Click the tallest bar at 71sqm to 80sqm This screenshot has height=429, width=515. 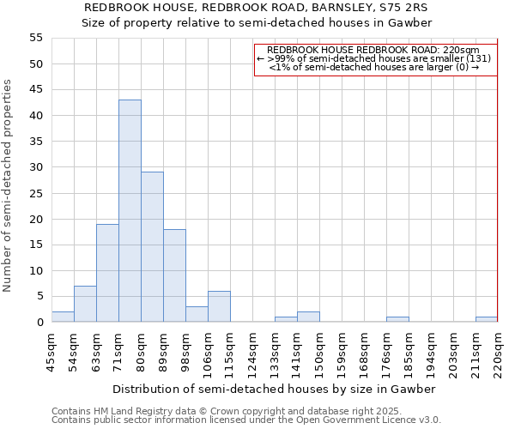click(130, 211)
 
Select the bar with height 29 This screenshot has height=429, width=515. click(152, 247)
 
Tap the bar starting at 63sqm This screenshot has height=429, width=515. click(107, 273)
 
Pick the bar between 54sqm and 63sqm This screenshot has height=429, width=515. click(85, 304)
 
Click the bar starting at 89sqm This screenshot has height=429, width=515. click(174, 275)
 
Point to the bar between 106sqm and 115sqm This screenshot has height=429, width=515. click(219, 306)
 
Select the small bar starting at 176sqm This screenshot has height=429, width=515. click(397, 319)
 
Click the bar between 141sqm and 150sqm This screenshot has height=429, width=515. click(308, 317)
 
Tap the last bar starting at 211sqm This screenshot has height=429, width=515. click(487, 319)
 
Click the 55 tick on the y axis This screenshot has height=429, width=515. click(36, 38)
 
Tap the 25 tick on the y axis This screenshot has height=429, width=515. click(36, 193)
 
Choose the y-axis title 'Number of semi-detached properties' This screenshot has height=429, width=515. click(9, 185)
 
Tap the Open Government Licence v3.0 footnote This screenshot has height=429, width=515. click(246, 420)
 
